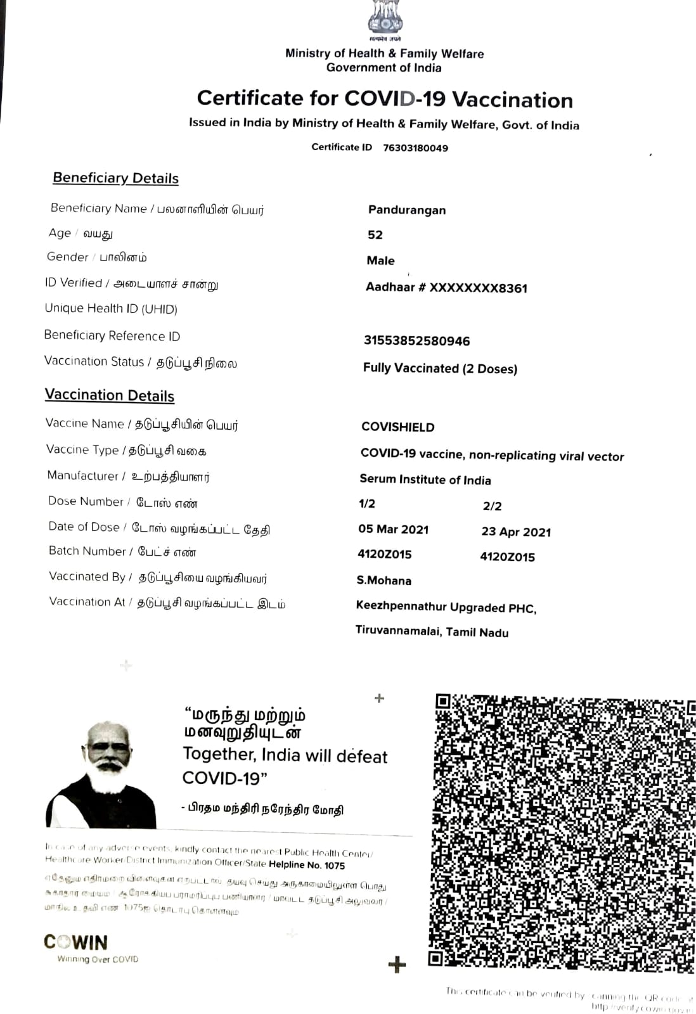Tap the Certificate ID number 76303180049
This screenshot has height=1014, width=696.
pos(415,148)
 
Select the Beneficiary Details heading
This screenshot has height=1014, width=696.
pos(115,178)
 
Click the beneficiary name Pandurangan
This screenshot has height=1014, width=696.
pos(407,210)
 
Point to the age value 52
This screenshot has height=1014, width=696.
pos(375,235)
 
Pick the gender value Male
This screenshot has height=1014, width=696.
pos(380,260)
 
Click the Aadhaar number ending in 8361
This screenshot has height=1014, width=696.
pos(446,288)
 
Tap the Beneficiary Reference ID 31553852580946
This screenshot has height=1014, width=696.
pos(416,341)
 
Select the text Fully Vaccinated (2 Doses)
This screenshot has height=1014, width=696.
pos(440,368)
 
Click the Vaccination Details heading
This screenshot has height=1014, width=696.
pos(110,395)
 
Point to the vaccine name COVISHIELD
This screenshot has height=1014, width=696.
pos(398,427)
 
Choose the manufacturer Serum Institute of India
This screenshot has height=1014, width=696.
pos(425,480)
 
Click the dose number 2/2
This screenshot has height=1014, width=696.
pos(493,506)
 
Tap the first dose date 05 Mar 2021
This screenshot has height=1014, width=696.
pos(394,530)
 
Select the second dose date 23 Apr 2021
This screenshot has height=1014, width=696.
pos(516,532)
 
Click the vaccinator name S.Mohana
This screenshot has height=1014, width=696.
pos(384,581)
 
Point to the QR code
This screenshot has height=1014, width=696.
pos(562,831)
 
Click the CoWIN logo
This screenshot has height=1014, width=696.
pos(76,942)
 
